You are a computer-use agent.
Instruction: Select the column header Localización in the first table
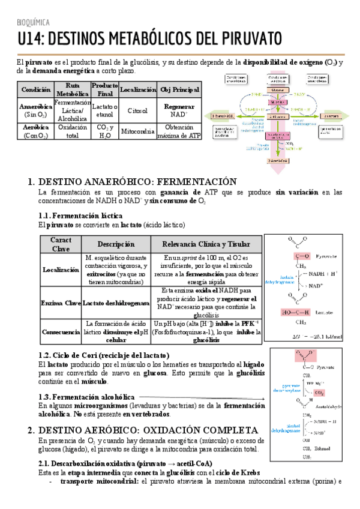click(138, 89)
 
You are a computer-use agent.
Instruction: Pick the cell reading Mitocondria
click(138, 131)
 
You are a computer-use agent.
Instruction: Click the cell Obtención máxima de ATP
click(179, 131)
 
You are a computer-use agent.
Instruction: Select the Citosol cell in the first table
click(137, 110)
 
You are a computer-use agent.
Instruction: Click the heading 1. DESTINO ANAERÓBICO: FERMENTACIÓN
click(132, 181)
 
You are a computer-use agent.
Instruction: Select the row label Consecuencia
click(61, 331)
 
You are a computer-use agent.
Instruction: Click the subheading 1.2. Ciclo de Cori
click(103, 355)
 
